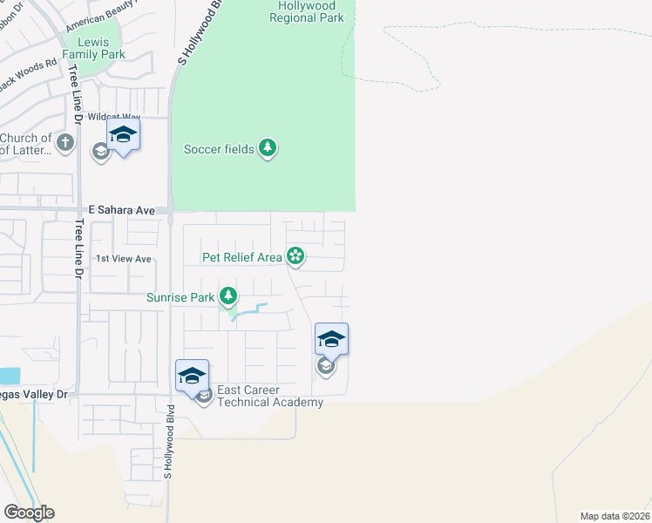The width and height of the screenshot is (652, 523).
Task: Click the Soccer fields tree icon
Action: click(268, 149)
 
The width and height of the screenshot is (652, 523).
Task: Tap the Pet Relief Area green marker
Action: click(295, 256)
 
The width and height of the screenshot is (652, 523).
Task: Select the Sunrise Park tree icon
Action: click(228, 297)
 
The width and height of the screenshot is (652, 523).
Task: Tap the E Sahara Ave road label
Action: click(121, 210)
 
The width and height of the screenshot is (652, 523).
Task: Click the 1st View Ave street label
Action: click(124, 259)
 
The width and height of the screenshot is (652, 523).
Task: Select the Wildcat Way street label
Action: click(113, 117)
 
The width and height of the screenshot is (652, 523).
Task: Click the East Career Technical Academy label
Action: click(270, 396)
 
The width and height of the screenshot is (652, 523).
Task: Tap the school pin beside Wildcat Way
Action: click(123, 134)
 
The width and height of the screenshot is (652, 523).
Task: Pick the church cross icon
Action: click(65, 141)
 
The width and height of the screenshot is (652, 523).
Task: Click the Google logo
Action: click(29, 513)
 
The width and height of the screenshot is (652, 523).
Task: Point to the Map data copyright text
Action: click(615, 515)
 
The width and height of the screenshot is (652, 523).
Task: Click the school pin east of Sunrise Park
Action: click(331, 339)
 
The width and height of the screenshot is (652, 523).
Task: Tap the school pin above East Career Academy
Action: click(192, 376)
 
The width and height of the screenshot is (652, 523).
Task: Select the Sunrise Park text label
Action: click(180, 297)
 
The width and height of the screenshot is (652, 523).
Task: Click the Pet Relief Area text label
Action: click(242, 256)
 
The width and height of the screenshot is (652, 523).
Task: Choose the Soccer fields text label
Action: click(219, 149)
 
